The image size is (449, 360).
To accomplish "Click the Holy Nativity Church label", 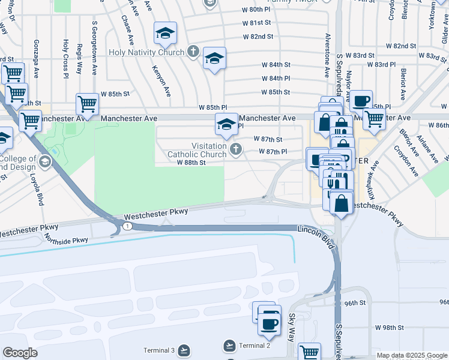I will [x=146, y=52].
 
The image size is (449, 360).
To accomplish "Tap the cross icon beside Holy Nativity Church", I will [x=192, y=51].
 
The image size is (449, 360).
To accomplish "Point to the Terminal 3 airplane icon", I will [x=184, y=350].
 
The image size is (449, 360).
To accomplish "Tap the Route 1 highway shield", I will [x=128, y=226].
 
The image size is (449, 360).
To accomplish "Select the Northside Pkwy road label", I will [x=66, y=239].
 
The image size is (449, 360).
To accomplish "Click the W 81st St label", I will [x=258, y=23].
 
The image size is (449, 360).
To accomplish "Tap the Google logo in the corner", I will [x=20, y=353].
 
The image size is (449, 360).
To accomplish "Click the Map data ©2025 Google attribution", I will [x=411, y=355].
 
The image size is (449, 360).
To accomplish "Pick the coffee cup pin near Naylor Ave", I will [x=361, y=100].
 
